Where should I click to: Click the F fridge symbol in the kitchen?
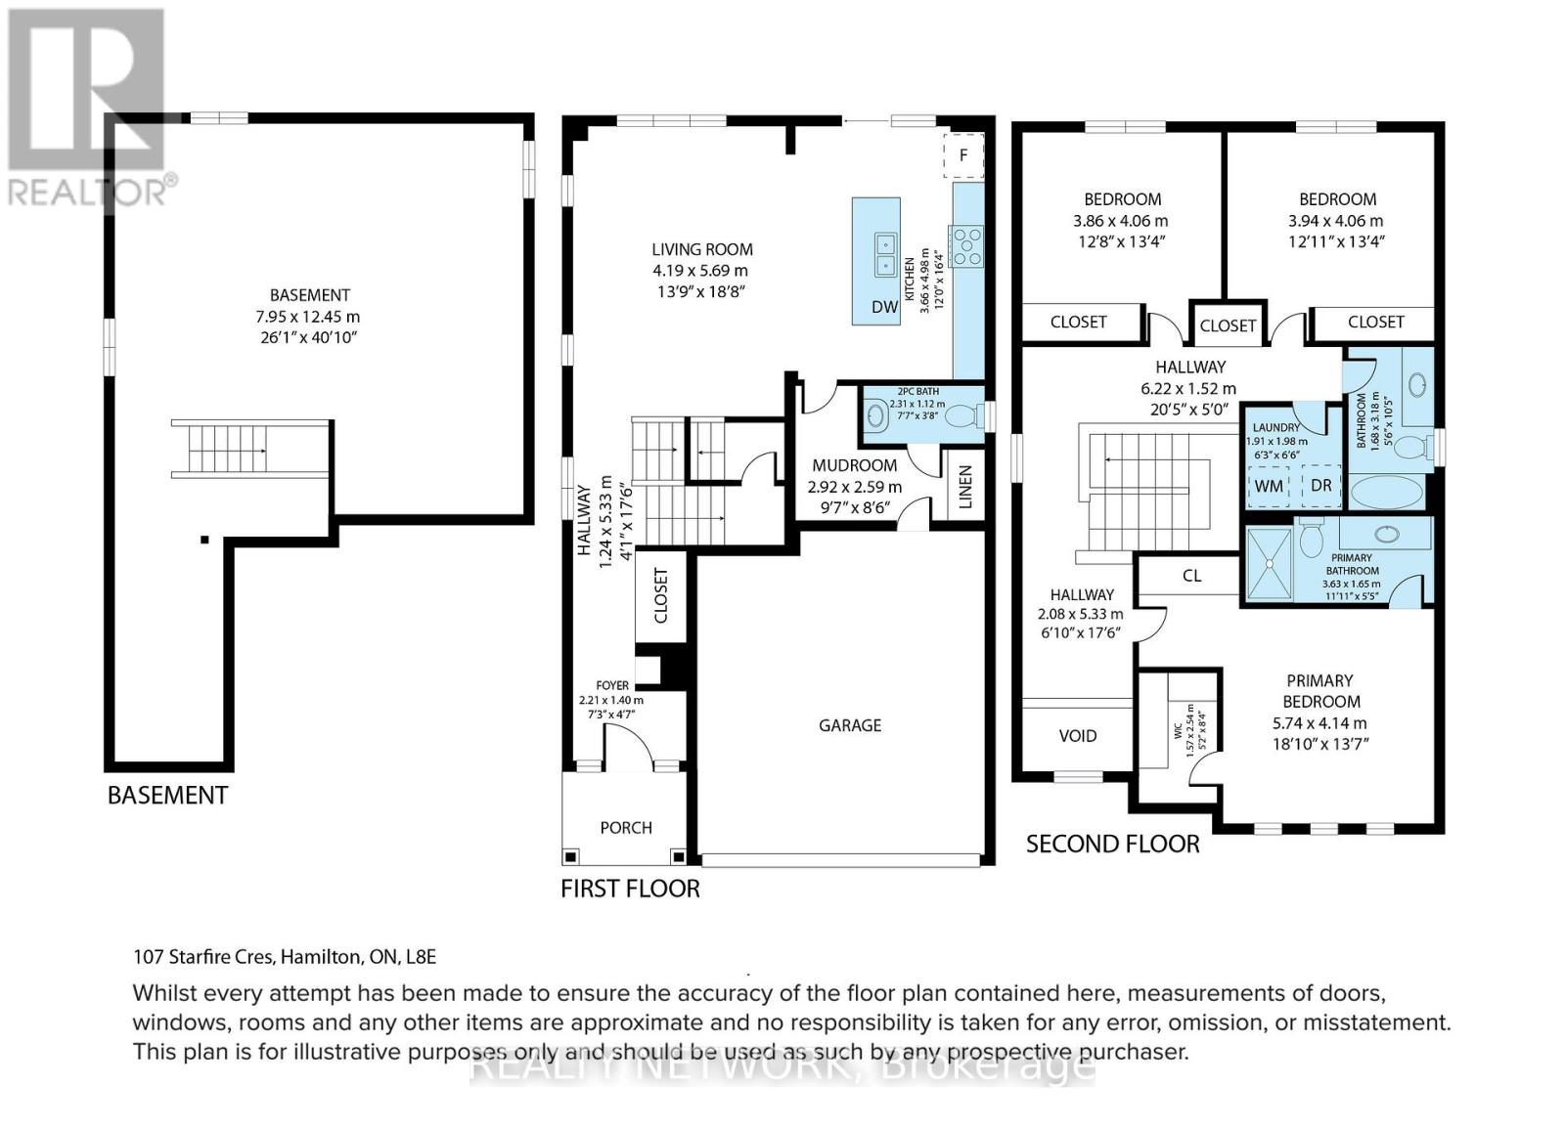(963, 155)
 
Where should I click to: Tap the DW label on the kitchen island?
(884, 306)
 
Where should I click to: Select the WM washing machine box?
(1269, 486)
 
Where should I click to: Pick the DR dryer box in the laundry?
(1320, 485)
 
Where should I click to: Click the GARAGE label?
(850, 725)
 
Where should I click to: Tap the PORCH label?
(626, 827)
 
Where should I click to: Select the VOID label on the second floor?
(1077, 735)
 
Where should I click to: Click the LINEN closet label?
(965, 487)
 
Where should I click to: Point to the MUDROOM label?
(855, 465)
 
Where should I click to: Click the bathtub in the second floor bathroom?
(1386, 492)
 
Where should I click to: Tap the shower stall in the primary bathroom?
(1270, 563)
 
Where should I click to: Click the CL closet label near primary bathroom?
(1192, 576)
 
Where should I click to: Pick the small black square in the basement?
(204, 539)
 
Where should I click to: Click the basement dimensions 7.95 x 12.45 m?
(307, 316)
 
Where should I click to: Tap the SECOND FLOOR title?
(1112, 844)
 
